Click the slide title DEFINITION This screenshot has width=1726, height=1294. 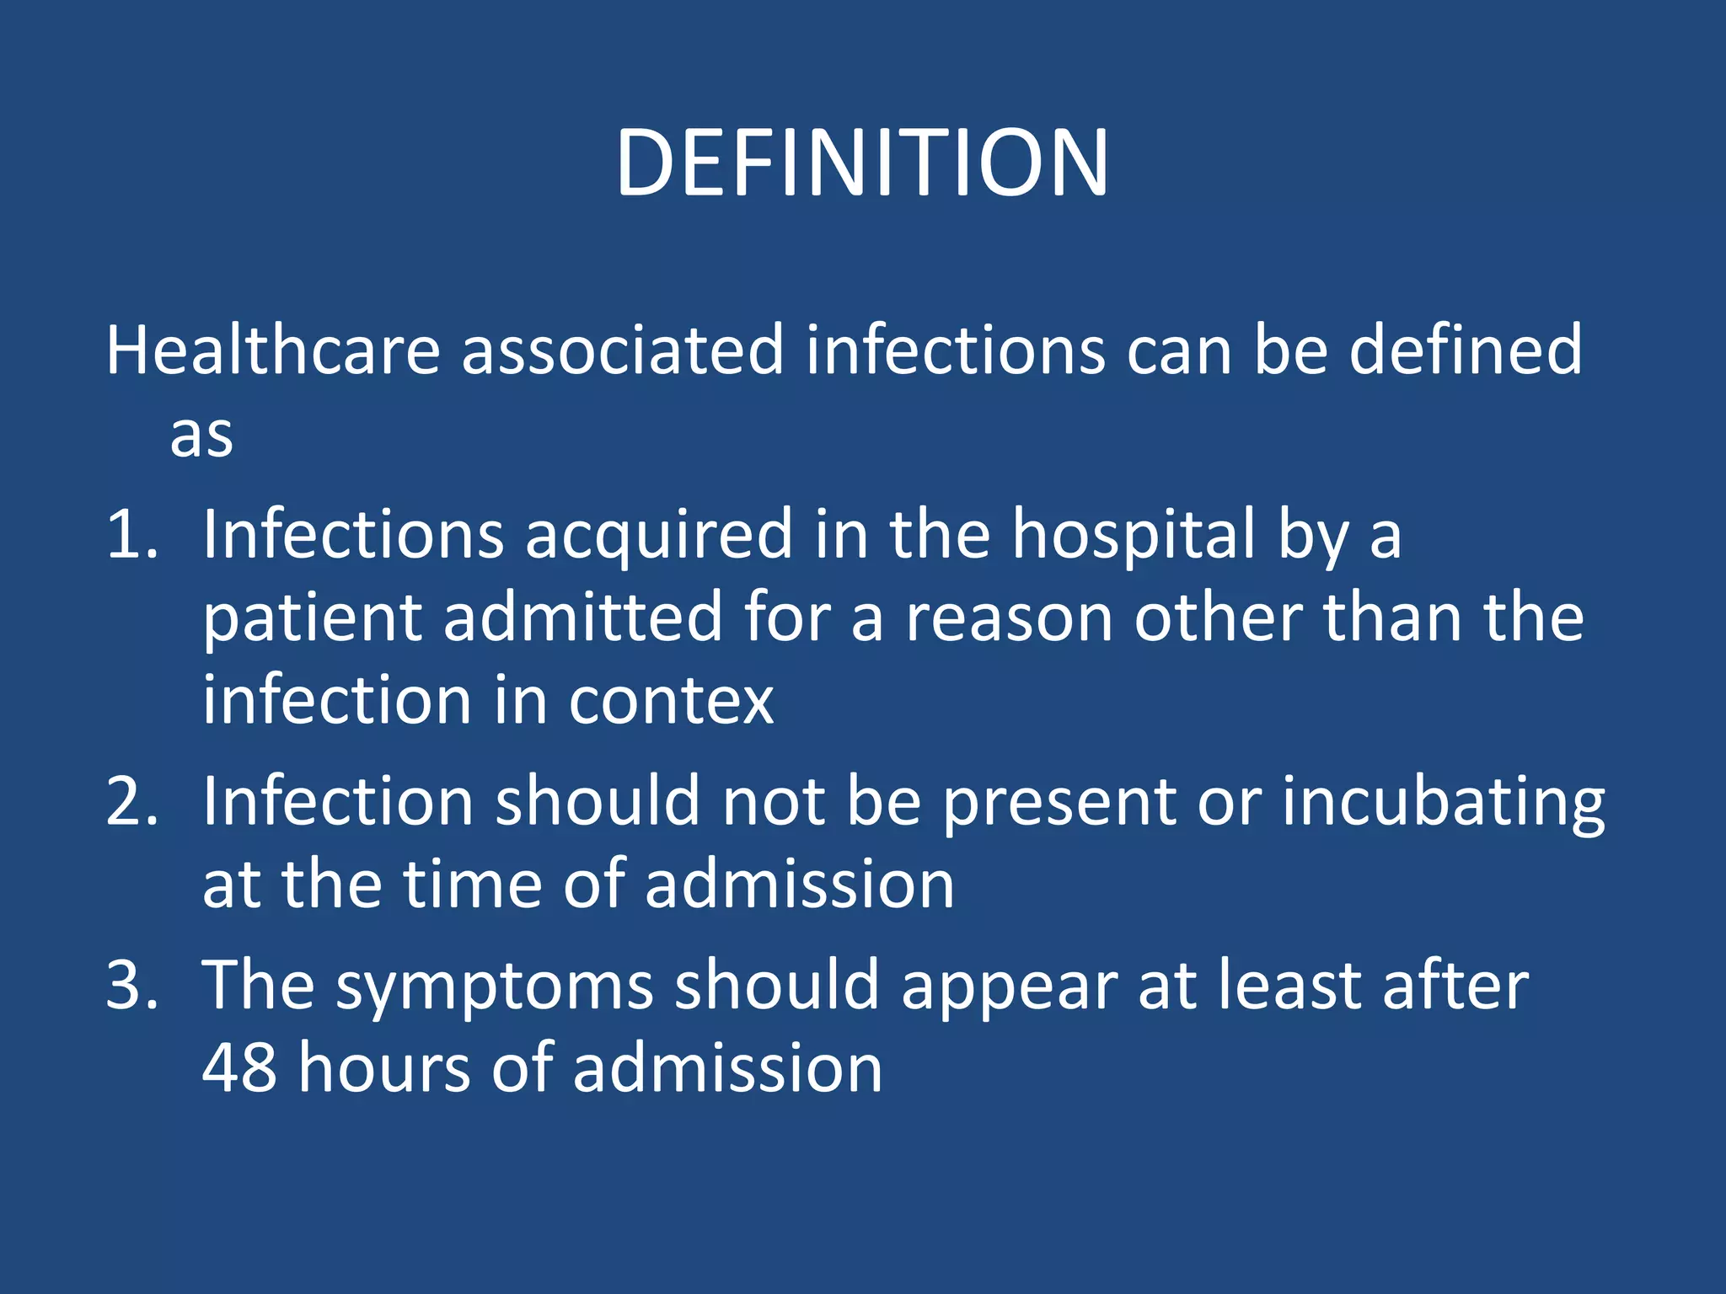click(x=861, y=164)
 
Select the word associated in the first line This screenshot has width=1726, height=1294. click(x=623, y=350)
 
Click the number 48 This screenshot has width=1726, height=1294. click(x=239, y=1068)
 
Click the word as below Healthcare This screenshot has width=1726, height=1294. click(x=201, y=437)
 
